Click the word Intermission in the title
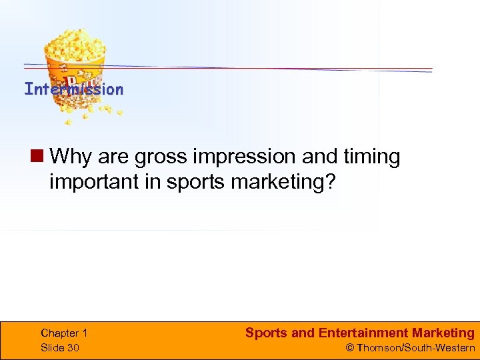(73, 89)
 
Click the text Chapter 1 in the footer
(64, 333)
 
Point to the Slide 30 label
(59, 347)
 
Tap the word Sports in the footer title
(266, 333)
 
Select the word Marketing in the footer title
(443, 333)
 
